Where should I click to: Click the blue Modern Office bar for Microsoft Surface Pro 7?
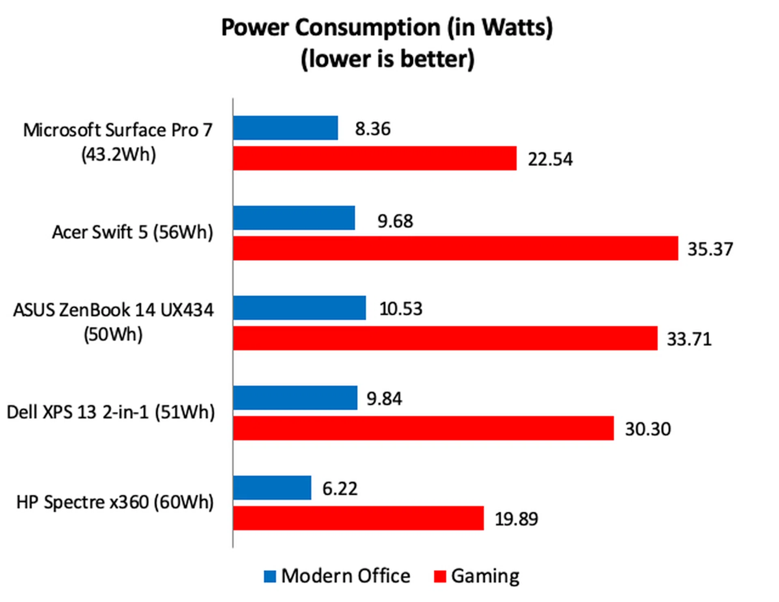click(x=286, y=128)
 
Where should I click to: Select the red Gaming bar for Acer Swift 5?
click(x=456, y=248)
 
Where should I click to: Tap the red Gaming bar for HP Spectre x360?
click(x=359, y=518)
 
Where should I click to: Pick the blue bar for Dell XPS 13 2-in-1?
click(x=295, y=398)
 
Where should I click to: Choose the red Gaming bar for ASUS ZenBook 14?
click(x=445, y=338)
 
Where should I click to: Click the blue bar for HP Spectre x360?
click(x=272, y=488)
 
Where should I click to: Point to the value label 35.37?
click(x=710, y=249)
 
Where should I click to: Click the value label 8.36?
click(x=372, y=129)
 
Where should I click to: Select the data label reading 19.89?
click(x=516, y=519)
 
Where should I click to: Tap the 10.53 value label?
click(x=400, y=309)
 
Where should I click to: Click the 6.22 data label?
click(x=340, y=489)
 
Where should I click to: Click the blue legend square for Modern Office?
click(x=270, y=576)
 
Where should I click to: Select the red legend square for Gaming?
click(x=440, y=576)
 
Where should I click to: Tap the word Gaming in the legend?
click(x=485, y=576)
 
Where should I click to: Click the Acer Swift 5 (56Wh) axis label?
click(x=132, y=232)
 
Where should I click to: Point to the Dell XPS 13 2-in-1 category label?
click(x=111, y=412)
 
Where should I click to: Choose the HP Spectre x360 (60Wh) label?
click(x=115, y=502)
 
